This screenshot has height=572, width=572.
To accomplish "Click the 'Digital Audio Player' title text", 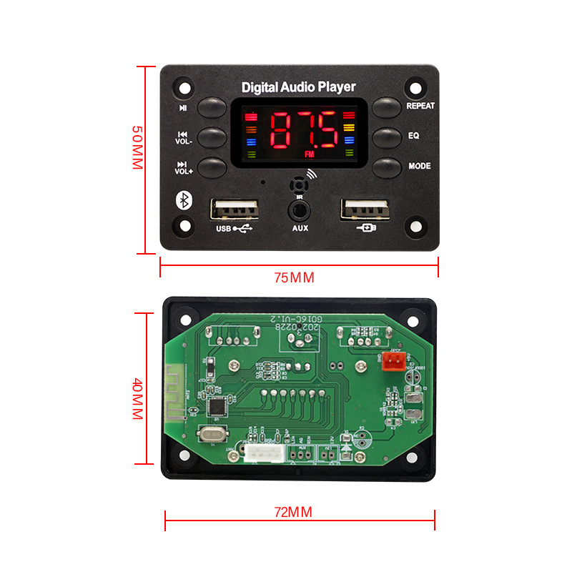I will [298, 87].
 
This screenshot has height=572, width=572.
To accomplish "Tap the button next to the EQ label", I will [387, 136].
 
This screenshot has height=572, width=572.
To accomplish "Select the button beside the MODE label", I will [387, 167].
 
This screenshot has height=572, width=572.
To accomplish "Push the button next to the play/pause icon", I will [212, 108].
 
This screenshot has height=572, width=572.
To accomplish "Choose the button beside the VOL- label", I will [212, 137].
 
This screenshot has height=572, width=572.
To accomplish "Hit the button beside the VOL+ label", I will [212, 168].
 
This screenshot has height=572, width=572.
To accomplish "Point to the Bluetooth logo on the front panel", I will [184, 201].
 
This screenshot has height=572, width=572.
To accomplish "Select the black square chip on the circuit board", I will [214, 407].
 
